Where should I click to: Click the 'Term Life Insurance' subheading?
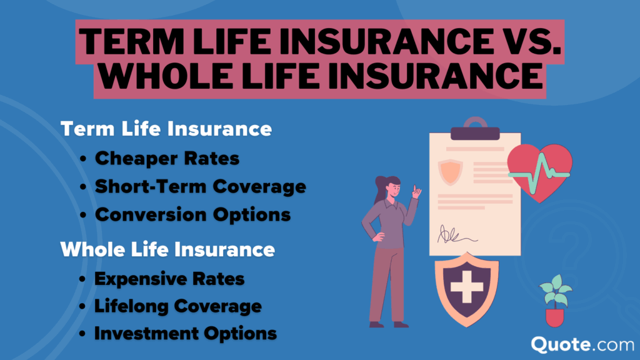pyautogui.click(x=166, y=129)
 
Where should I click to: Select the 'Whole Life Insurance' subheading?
pyautogui.click(x=167, y=250)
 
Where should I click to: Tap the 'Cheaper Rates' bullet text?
pyautogui.click(x=167, y=159)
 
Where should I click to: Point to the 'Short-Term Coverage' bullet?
pyautogui.click(x=200, y=186)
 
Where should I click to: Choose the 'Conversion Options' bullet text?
pyautogui.click(x=192, y=214)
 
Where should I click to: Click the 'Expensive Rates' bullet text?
pyautogui.click(x=169, y=278)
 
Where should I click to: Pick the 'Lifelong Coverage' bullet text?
pyautogui.click(x=177, y=306)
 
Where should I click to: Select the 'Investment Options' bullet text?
pyautogui.click(x=185, y=334)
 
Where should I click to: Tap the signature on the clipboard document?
pyautogui.click(x=456, y=235)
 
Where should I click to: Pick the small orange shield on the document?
pyautogui.click(x=449, y=171)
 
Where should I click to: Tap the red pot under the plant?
pyautogui.click(x=554, y=316)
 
